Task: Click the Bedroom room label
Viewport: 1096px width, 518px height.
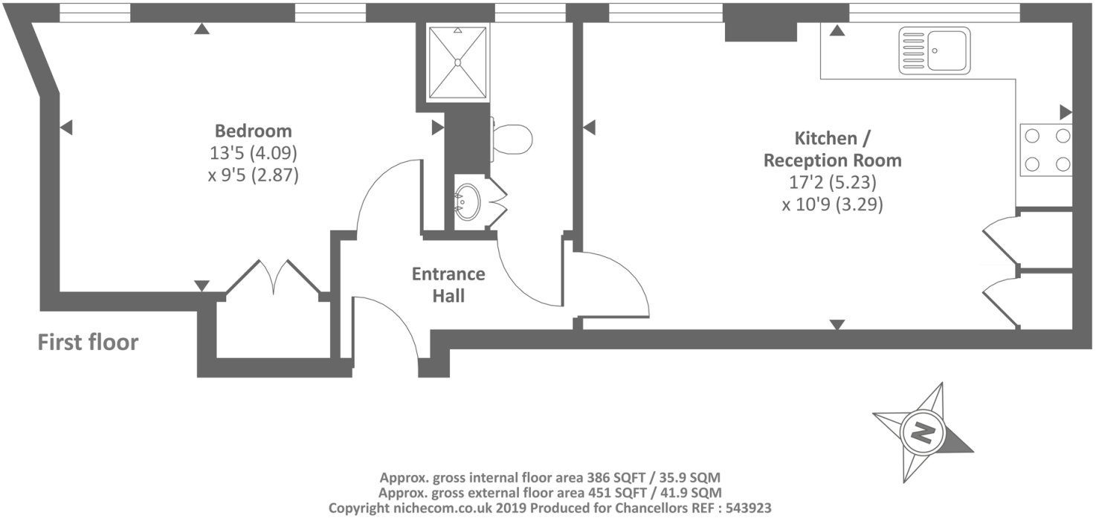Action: coord(253,132)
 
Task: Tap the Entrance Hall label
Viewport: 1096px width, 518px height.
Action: coord(448,285)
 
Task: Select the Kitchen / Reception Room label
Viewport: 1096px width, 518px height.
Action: coord(833,149)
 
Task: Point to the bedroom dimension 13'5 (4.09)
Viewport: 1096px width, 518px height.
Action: coord(253,154)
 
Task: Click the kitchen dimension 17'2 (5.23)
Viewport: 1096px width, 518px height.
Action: coord(833,183)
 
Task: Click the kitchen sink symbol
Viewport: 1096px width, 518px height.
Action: coord(935,51)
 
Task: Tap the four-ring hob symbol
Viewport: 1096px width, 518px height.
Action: coord(1046,149)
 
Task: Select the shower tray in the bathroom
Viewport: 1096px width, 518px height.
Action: coord(457,62)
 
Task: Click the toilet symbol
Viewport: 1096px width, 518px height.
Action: coord(512,138)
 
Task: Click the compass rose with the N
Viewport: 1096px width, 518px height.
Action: coord(923,433)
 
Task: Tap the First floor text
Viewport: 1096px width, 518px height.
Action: coord(88,343)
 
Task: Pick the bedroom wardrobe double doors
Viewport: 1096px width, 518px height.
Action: coord(273,278)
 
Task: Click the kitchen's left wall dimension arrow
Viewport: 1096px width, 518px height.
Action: coord(589,129)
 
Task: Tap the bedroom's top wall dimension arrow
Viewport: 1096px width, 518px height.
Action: coord(201,29)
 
